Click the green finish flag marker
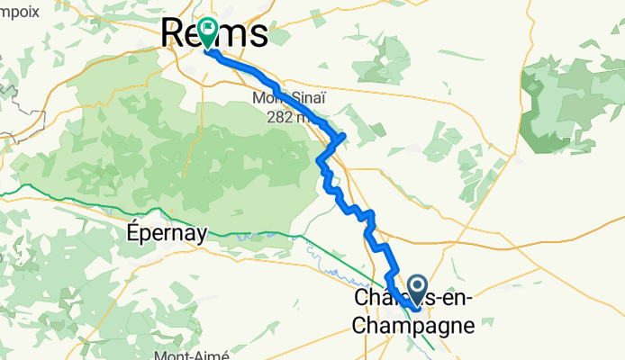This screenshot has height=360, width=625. pos(208,31)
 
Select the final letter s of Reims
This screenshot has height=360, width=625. pos(258,34)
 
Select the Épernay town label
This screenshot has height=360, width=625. pos(167,232)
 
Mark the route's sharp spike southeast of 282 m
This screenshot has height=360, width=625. pos(342,136)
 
